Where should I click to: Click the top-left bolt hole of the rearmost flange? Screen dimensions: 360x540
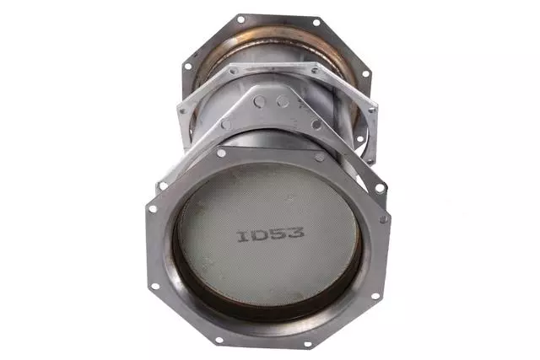pyautogui.click(x=240, y=18)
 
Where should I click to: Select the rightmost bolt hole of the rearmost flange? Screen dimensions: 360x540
pyautogui.click(x=365, y=74)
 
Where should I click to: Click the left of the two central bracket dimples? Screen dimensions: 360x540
pyautogui.click(x=261, y=101)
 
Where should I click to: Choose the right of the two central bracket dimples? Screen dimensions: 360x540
pyautogui.click(x=283, y=102)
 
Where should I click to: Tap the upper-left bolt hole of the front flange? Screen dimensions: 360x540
pyautogui.click(x=221, y=153)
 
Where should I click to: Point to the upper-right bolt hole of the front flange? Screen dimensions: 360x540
pyautogui.click(x=320, y=156)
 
